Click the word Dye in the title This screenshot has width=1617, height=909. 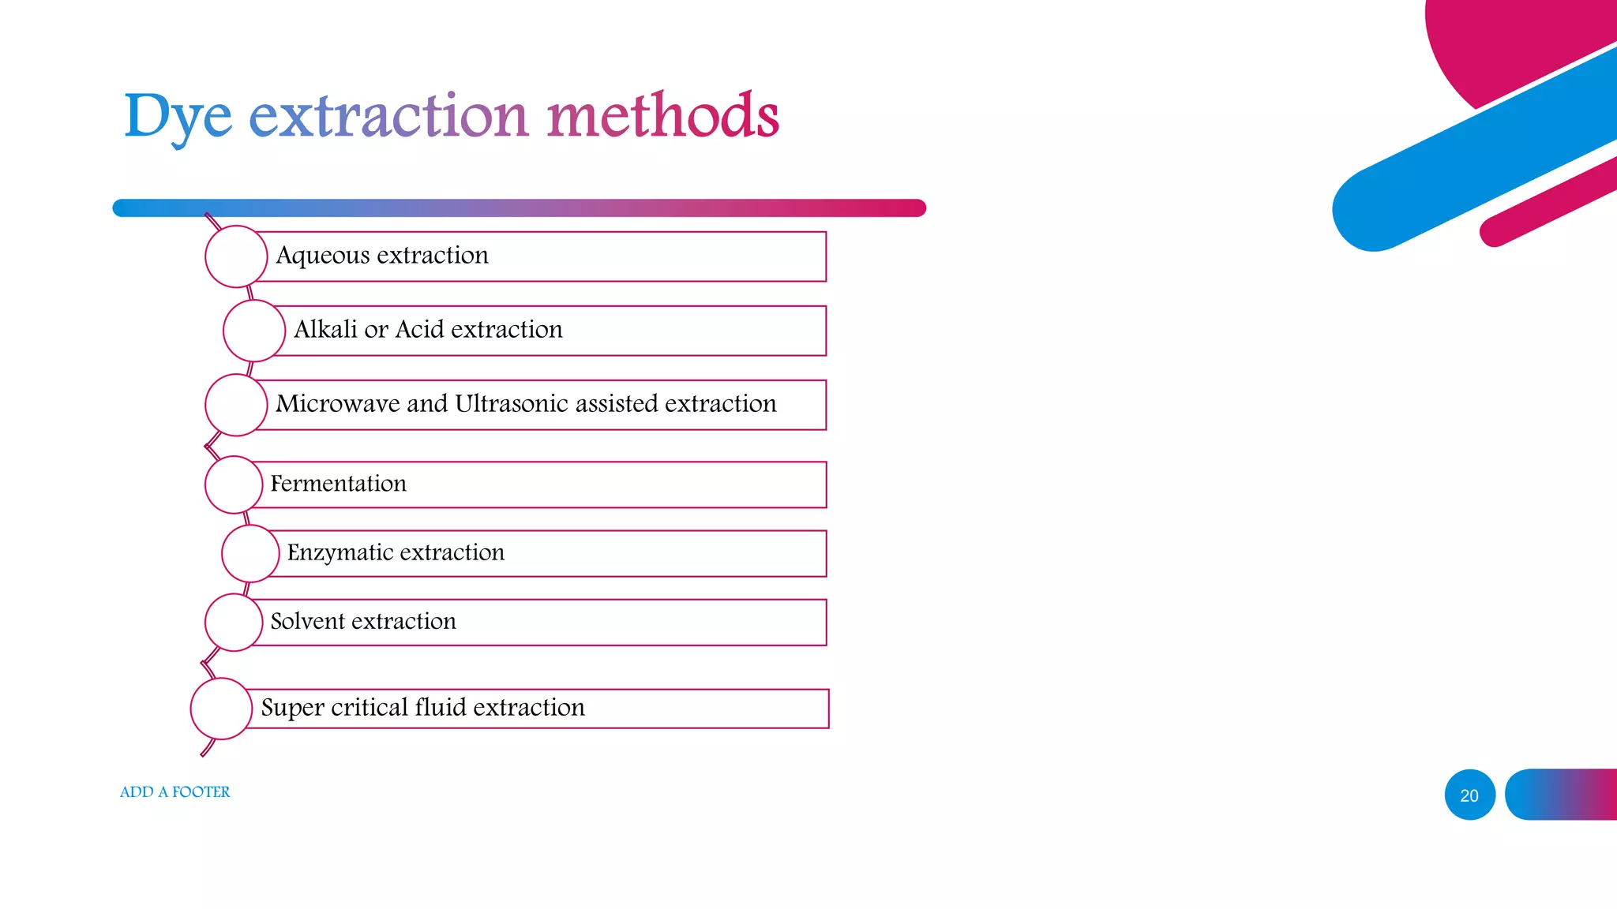click(x=178, y=117)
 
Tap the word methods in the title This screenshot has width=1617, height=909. click(x=662, y=115)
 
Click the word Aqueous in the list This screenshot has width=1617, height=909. click(x=322, y=256)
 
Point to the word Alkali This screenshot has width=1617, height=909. click(x=325, y=329)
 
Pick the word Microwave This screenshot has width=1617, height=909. click(x=338, y=404)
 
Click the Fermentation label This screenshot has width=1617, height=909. click(x=338, y=484)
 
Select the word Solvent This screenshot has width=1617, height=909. click(x=308, y=622)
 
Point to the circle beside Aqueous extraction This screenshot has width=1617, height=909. click(x=236, y=256)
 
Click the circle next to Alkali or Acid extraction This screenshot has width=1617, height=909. click(x=253, y=331)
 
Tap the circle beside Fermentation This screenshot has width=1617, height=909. click(x=234, y=484)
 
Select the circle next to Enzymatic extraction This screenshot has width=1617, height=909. click(x=250, y=553)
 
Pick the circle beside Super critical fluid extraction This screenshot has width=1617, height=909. click(x=221, y=709)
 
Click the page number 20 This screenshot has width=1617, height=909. click(x=1469, y=795)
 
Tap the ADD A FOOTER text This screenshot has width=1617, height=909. click(x=174, y=792)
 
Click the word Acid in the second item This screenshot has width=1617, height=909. click(x=419, y=329)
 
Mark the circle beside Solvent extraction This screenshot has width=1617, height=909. click(x=234, y=623)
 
